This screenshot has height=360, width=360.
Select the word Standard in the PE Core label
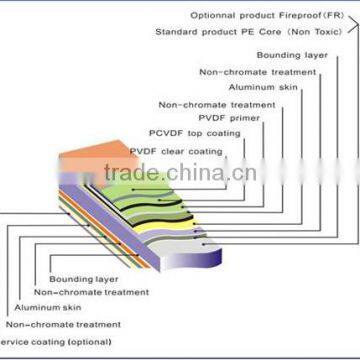point(176,32)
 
